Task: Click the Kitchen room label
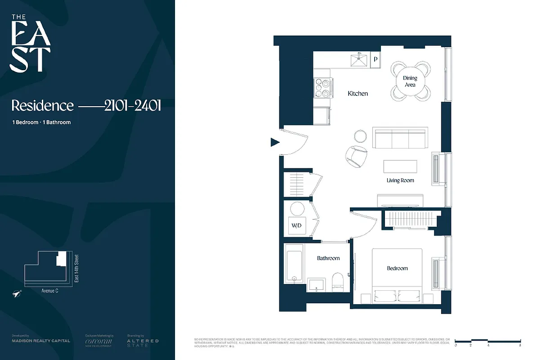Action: click(x=358, y=94)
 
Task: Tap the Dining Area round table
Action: click(x=410, y=81)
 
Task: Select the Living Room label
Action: click(x=400, y=180)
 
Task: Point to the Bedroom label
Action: click(x=397, y=268)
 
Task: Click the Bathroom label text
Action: click(x=328, y=258)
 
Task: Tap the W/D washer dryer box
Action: click(x=297, y=225)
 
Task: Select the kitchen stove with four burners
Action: click(x=323, y=88)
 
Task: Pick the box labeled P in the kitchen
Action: click(x=376, y=59)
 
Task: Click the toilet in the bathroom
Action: click(x=337, y=281)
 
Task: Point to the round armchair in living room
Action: click(x=357, y=156)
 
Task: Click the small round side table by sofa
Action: click(x=361, y=135)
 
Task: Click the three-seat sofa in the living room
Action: click(x=399, y=138)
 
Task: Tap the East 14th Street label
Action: click(x=76, y=270)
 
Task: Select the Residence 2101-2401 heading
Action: click(x=86, y=106)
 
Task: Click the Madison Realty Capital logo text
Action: click(x=41, y=341)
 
